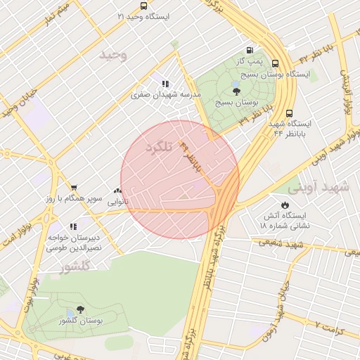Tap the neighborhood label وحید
click(113, 55)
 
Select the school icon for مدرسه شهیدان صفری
click(165, 84)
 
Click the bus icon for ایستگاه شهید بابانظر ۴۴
click(290, 112)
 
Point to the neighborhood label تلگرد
click(159, 148)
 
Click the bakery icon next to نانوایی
click(117, 191)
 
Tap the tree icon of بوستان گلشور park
click(82, 310)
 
